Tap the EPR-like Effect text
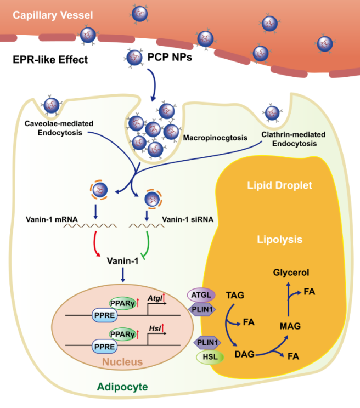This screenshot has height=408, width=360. click(50, 59)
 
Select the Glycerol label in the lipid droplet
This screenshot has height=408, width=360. click(291, 273)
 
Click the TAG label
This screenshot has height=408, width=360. click(235, 296)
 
